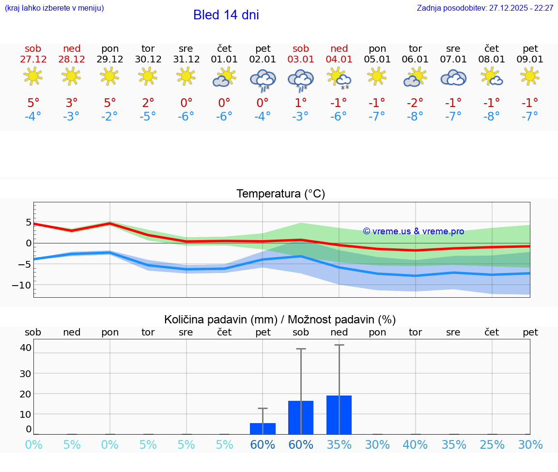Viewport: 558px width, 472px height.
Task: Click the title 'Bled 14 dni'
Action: (x=226, y=15)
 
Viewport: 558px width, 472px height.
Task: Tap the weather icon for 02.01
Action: (x=263, y=80)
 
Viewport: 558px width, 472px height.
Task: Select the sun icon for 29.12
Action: (x=110, y=76)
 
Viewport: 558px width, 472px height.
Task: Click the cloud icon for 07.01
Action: (x=453, y=77)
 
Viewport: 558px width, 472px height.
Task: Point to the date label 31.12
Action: (x=186, y=60)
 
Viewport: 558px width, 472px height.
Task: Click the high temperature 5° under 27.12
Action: (x=33, y=103)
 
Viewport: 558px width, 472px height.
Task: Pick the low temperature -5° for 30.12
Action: (x=148, y=117)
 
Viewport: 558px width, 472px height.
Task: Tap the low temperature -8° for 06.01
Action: (x=415, y=117)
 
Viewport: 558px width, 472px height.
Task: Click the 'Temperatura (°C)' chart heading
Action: (x=280, y=194)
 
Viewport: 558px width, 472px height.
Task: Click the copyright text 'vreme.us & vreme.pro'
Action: (x=414, y=231)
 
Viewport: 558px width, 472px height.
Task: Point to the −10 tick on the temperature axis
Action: (x=22, y=285)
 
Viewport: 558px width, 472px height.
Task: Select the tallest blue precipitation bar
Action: (x=339, y=415)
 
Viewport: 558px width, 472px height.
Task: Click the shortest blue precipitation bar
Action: (x=263, y=428)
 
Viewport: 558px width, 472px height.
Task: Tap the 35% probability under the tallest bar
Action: (x=339, y=444)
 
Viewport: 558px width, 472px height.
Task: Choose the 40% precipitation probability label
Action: (x=415, y=444)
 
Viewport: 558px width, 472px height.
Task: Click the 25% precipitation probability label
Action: (x=492, y=444)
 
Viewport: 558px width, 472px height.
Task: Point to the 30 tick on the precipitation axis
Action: (x=25, y=373)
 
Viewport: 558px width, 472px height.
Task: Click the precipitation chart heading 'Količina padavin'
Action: (x=280, y=320)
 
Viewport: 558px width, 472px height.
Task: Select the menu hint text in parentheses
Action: (x=54, y=8)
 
